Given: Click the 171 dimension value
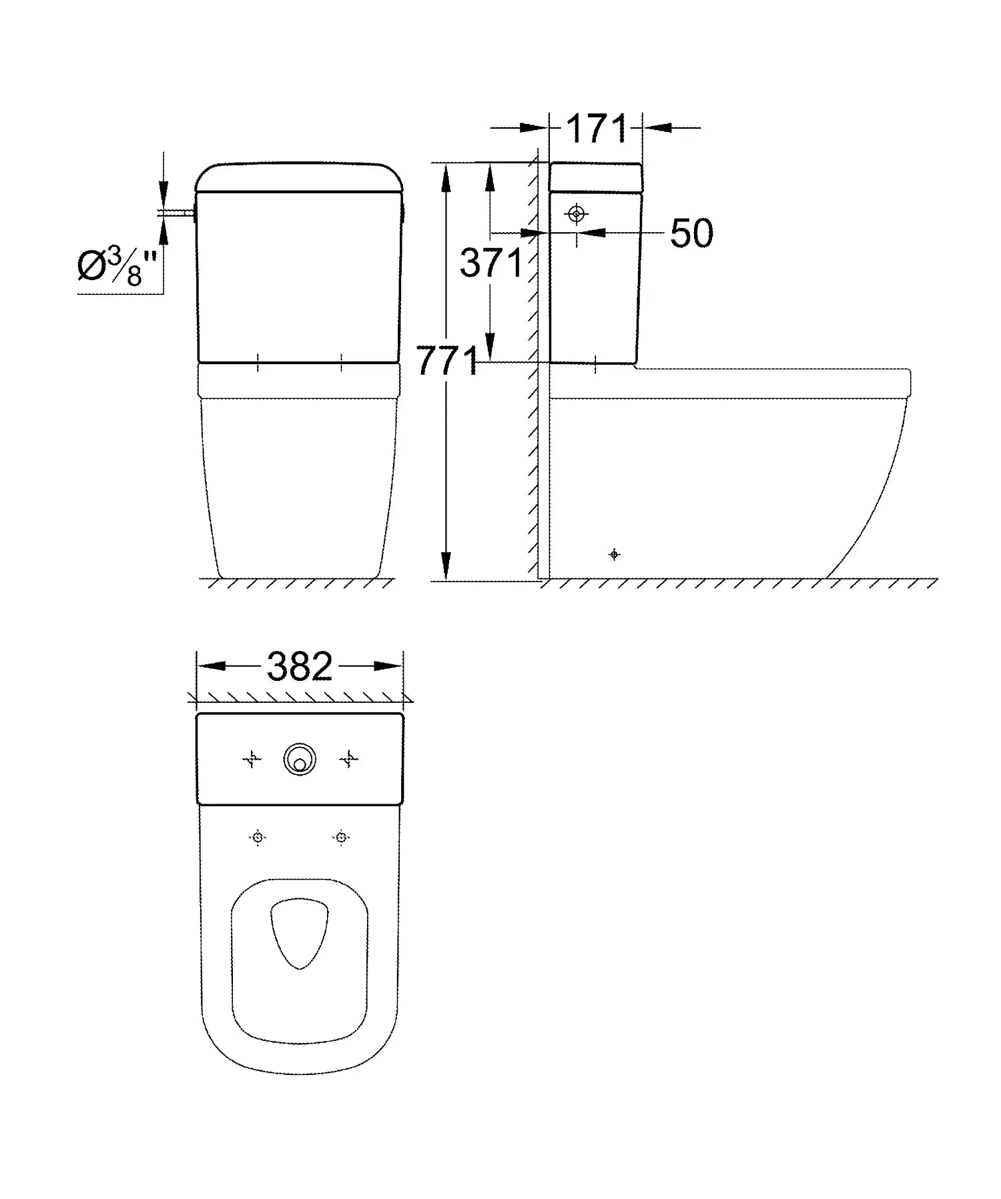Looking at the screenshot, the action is pos(597,129).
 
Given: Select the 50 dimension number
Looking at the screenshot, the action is pos(691,233).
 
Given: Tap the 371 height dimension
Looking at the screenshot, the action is pos(490,263).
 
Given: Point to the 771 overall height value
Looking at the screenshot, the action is pos(448,361).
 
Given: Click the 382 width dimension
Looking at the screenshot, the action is pos(300,666).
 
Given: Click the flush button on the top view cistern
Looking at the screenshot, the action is pos(300,760).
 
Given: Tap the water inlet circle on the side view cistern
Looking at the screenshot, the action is pos(577,214).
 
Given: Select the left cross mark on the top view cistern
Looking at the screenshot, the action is pos(252,759).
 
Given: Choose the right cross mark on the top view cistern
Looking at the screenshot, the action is pos(349,759).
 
